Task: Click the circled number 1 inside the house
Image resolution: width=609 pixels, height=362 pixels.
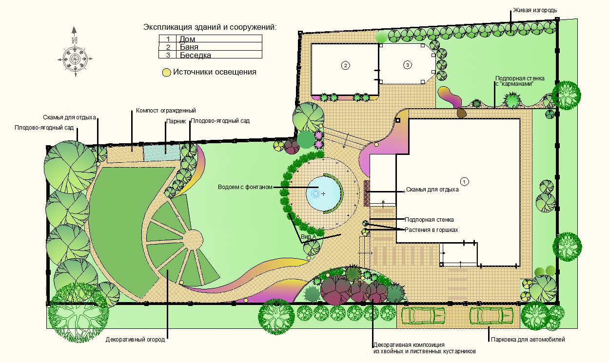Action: [x=464, y=181]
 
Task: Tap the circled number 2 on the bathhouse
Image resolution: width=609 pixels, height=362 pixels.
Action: [x=345, y=65]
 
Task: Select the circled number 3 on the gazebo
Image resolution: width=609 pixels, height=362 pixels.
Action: [x=407, y=65]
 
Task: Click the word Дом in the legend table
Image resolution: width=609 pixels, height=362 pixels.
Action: [x=187, y=39]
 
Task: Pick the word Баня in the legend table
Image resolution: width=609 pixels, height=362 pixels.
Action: [x=189, y=47]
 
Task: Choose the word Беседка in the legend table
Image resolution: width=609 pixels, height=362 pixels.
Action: [x=195, y=55]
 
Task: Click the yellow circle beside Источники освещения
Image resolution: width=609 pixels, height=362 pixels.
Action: [x=166, y=73]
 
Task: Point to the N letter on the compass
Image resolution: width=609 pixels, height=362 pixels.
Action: [x=74, y=40]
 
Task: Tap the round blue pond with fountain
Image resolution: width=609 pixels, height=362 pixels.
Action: [x=323, y=193]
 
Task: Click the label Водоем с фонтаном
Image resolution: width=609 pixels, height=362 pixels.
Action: [x=245, y=187]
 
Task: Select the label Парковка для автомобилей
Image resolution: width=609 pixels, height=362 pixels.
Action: [x=528, y=339]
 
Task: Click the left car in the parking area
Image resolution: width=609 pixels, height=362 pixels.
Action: [x=423, y=316]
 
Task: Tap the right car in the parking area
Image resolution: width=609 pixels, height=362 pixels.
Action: [x=491, y=316]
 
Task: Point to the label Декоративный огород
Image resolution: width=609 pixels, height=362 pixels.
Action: [x=135, y=340]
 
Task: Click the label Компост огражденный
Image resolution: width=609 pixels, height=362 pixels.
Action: [x=166, y=111]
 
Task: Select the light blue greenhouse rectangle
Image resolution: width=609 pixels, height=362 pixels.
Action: [x=161, y=152]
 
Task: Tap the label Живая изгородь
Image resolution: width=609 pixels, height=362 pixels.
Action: [x=535, y=10]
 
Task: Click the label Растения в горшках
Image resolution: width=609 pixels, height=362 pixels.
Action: [x=431, y=230]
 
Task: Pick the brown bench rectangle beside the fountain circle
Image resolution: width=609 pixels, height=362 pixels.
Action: [x=367, y=193]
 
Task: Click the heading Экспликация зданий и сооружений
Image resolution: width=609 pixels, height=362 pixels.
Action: [x=210, y=27]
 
